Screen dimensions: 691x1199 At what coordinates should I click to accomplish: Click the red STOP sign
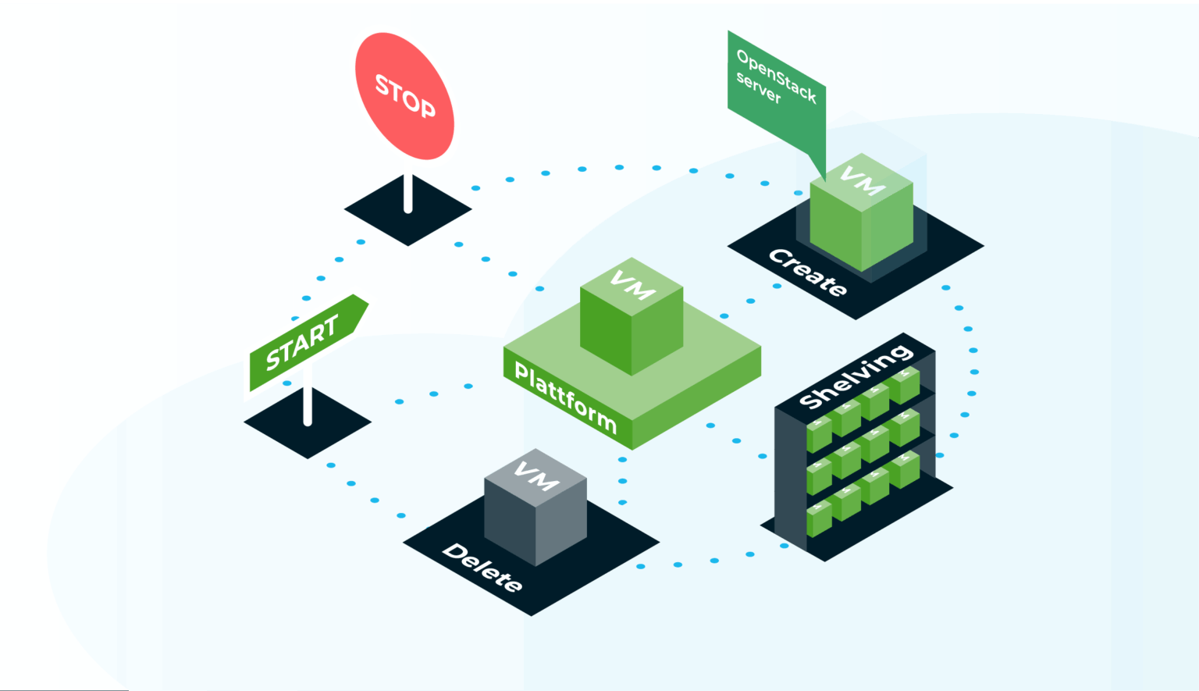point(404,96)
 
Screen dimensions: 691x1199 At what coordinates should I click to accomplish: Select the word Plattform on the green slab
point(565,397)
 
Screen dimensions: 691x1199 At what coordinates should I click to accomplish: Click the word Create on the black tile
point(807,272)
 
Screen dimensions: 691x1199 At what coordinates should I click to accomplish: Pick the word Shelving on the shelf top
point(856,376)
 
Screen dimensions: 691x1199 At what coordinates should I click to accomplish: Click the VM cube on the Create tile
point(861,215)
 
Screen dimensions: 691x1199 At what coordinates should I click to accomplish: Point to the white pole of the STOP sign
point(407,193)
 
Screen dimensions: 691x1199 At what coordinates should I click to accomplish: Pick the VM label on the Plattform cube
point(632,285)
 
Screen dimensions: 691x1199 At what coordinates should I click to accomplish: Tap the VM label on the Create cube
point(862,181)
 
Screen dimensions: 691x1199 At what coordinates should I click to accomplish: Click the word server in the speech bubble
point(758,87)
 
